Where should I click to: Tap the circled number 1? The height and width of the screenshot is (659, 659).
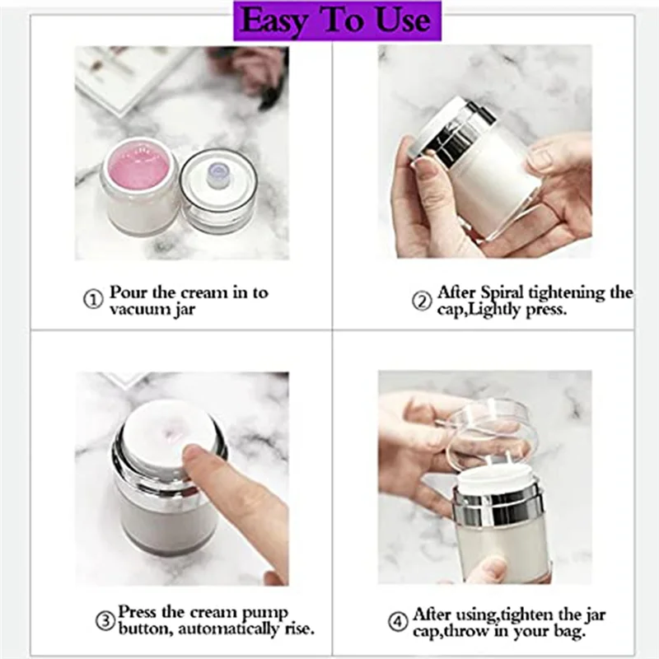coord(93,300)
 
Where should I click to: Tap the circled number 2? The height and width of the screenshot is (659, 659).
coord(422,301)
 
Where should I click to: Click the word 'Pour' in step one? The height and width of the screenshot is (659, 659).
coord(129,292)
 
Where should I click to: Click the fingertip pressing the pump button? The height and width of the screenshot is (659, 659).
coord(198,457)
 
